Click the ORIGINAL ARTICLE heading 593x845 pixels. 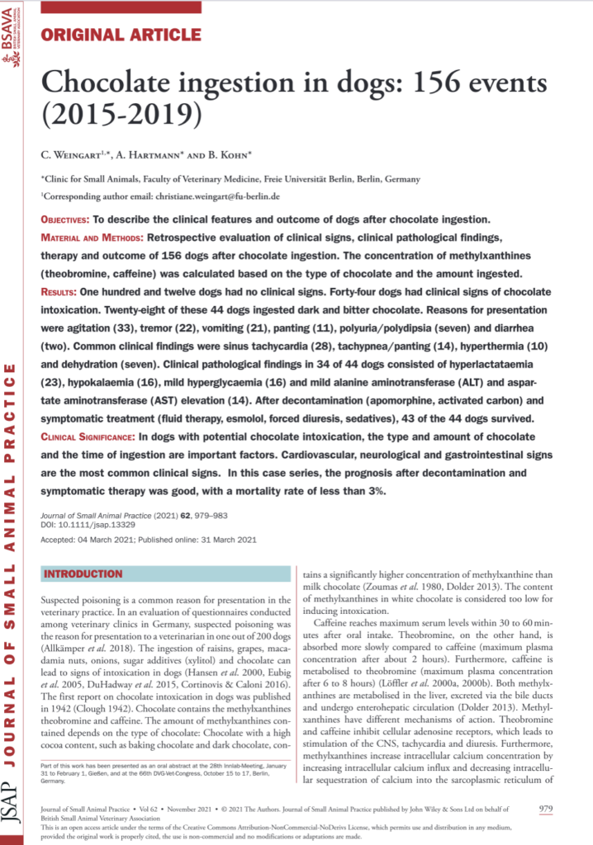pos(121,35)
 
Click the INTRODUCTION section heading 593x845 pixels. pos(83,574)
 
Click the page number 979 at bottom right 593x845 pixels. pos(545,809)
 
